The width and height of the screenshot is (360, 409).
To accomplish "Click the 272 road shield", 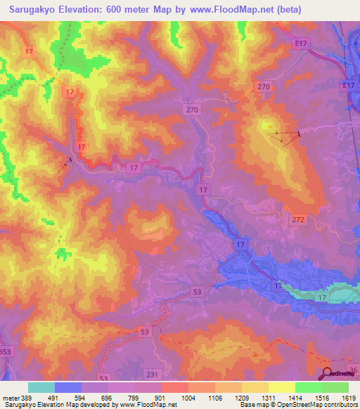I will [298, 220].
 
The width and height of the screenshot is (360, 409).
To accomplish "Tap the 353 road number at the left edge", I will [5, 351].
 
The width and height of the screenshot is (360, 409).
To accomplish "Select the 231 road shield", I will [154, 375].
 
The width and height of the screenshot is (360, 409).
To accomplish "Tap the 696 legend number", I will [108, 397].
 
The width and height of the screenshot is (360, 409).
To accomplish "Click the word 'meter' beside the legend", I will [11, 397].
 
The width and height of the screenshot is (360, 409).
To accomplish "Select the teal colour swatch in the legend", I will [41, 387].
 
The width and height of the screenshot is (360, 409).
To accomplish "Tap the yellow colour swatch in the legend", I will [282, 387].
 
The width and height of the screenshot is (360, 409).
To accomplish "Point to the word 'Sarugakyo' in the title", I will [30, 9].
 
